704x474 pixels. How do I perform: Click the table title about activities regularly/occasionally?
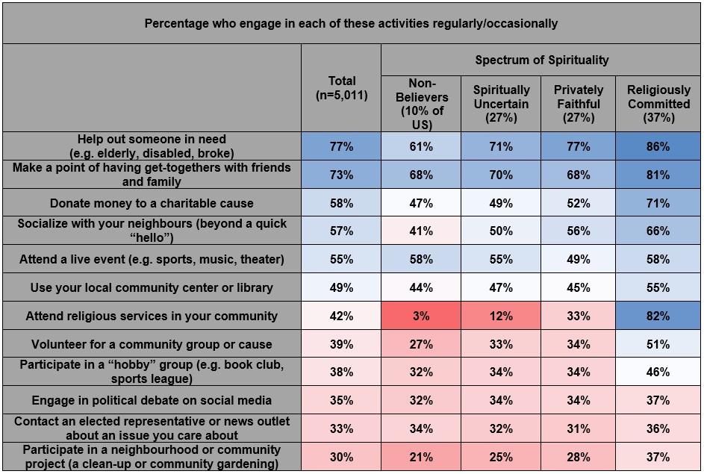(x=351, y=23)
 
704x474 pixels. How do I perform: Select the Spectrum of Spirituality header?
(x=541, y=60)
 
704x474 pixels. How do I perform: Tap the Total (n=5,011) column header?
(x=341, y=88)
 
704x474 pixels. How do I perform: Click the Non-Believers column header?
(x=421, y=104)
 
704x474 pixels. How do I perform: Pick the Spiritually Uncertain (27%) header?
(x=501, y=104)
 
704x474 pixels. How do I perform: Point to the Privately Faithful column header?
(x=578, y=104)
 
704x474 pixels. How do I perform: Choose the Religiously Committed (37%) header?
(x=658, y=104)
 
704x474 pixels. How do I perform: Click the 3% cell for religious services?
(x=421, y=316)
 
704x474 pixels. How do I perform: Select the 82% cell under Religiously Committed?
(x=658, y=316)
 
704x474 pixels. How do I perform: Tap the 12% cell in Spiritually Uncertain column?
(x=501, y=316)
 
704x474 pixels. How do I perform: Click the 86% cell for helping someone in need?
(x=658, y=146)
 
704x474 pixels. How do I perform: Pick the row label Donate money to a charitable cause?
(x=152, y=203)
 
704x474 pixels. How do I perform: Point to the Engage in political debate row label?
(x=152, y=401)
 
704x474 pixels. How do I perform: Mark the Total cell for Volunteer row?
(x=341, y=344)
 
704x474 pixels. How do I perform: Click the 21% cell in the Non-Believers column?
(x=421, y=457)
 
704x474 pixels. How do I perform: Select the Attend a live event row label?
(x=152, y=259)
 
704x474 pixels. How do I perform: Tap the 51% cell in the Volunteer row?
(x=658, y=344)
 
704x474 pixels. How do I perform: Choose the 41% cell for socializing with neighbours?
(x=421, y=231)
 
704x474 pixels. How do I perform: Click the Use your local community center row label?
(x=152, y=287)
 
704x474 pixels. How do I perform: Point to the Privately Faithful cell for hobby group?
(x=578, y=372)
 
